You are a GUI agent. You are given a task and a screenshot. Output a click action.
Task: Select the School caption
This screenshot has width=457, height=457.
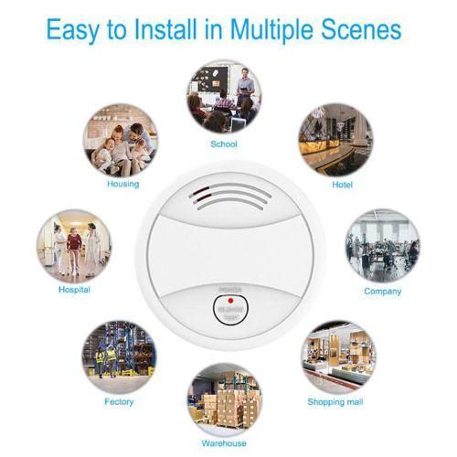223,144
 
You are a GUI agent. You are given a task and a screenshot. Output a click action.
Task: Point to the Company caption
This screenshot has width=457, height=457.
382,291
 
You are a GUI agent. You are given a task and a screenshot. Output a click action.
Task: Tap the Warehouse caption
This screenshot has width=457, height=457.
224,443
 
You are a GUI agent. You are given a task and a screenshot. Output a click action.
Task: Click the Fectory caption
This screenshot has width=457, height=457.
118,401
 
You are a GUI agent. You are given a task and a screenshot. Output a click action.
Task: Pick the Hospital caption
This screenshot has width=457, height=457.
73,291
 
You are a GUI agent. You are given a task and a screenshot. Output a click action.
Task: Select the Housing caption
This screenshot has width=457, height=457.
122,184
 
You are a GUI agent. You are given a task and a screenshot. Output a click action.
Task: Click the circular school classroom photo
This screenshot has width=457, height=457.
224,96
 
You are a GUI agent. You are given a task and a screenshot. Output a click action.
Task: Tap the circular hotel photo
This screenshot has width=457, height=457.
335,140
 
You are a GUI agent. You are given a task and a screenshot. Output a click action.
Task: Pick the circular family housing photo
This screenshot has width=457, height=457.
121,140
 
